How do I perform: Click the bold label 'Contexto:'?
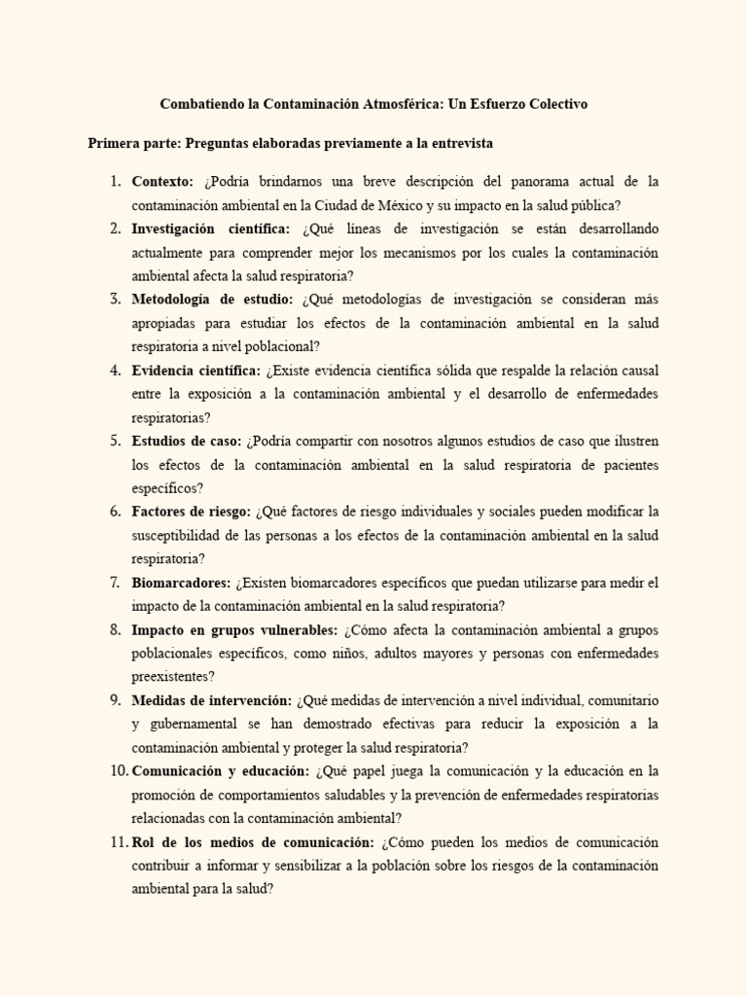[x=163, y=182]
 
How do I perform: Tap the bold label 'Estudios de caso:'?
[x=187, y=441]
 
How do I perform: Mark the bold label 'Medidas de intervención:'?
[x=211, y=700]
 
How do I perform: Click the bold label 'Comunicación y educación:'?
[x=220, y=771]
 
